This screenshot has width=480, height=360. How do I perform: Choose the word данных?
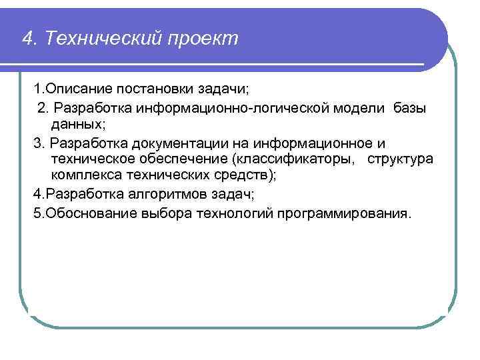[x=74, y=125]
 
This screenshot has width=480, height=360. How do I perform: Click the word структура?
[x=400, y=160]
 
